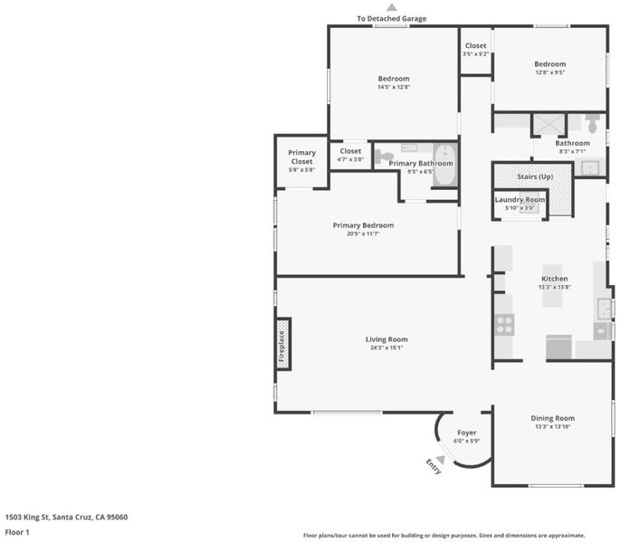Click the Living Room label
(x=387, y=339)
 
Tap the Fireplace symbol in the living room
(x=283, y=344)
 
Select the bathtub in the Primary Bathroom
(x=445, y=165)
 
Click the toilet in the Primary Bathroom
(x=384, y=157)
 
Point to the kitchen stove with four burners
(x=504, y=324)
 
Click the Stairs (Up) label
(x=535, y=176)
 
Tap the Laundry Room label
(x=520, y=200)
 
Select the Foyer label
(x=467, y=433)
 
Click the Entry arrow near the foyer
(x=440, y=460)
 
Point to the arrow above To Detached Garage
(x=392, y=7)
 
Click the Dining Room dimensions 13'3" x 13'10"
(x=553, y=426)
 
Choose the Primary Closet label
(x=301, y=157)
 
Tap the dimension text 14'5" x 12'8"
(x=394, y=87)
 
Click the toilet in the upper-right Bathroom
(x=592, y=124)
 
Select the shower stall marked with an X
(x=549, y=125)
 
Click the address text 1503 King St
(x=26, y=517)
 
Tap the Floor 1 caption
(x=17, y=532)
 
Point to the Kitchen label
(x=554, y=279)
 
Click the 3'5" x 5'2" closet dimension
(x=475, y=54)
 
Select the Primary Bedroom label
(x=363, y=225)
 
